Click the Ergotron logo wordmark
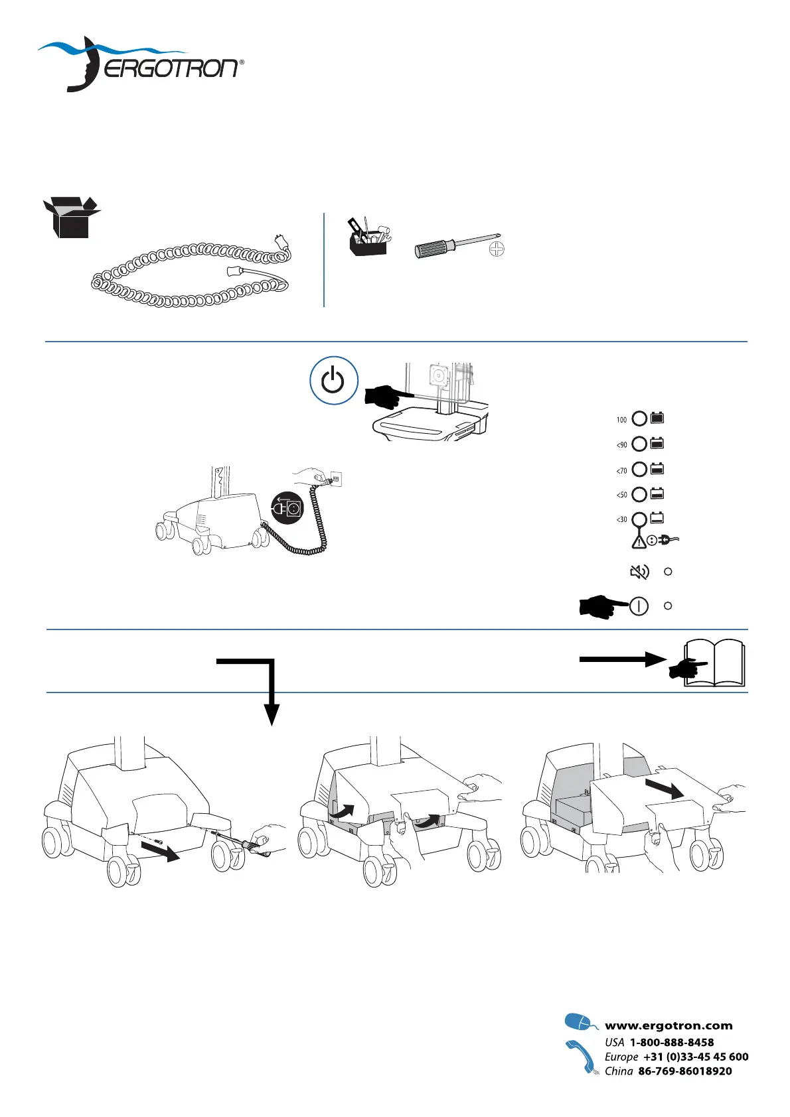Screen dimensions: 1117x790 point(171,68)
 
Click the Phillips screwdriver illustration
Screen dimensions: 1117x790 point(458,245)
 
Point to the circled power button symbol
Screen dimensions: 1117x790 point(333,381)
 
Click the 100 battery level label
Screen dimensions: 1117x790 point(621,419)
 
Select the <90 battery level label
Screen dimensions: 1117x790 point(621,445)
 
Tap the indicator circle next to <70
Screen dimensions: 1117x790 point(639,470)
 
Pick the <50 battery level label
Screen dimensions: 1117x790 point(621,495)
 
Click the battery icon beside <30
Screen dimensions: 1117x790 point(657,519)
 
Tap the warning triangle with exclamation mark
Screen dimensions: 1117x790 point(639,541)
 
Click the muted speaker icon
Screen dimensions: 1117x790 point(639,572)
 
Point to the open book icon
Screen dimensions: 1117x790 point(714,663)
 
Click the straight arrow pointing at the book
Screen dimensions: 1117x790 point(621,659)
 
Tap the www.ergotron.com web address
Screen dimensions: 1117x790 point(669,1025)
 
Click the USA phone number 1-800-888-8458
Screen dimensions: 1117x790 point(672,1042)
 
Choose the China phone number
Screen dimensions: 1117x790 point(684,1071)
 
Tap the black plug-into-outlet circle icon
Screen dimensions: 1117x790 point(287,509)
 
